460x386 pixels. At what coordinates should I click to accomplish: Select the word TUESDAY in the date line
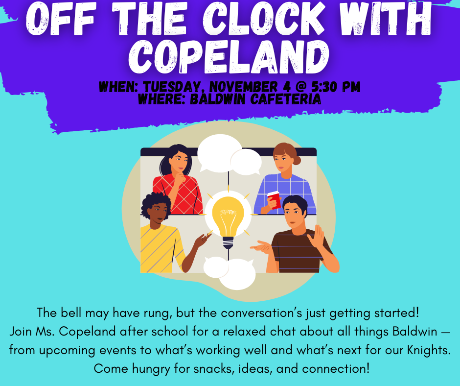tap(174, 88)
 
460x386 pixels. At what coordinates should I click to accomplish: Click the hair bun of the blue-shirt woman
tap(297, 160)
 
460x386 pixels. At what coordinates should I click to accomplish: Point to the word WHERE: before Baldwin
tap(156, 99)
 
